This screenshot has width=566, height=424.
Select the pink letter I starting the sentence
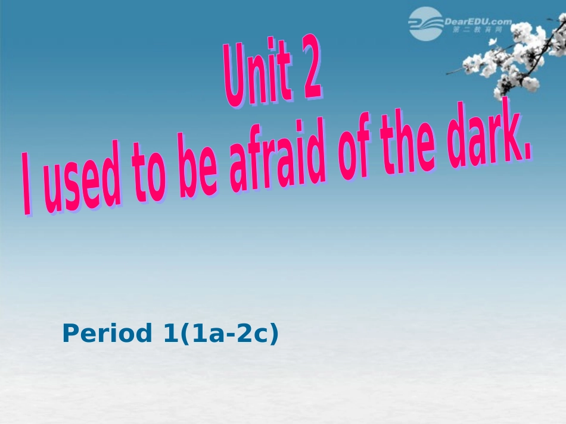click(26, 184)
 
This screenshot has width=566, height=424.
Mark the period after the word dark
click(526, 155)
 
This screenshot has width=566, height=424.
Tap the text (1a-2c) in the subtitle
click(229, 334)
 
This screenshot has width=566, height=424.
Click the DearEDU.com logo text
click(478, 21)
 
